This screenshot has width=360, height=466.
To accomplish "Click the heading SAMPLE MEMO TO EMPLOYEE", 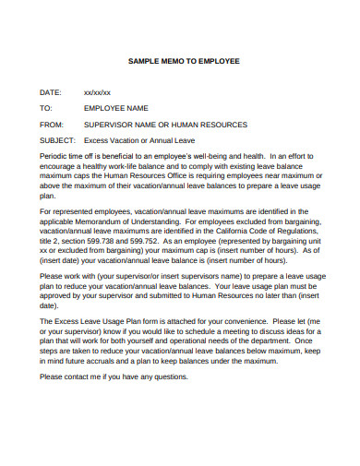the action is point(183,61).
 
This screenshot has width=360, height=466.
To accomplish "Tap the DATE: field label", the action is point(50,92).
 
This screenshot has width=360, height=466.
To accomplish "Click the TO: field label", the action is point(45,107).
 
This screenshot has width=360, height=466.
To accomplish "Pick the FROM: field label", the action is point(52,122).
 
